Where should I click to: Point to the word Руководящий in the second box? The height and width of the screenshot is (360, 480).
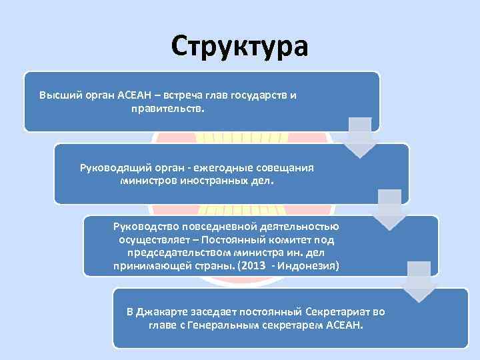(x=110, y=167)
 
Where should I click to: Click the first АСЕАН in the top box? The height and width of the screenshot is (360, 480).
(x=136, y=95)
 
